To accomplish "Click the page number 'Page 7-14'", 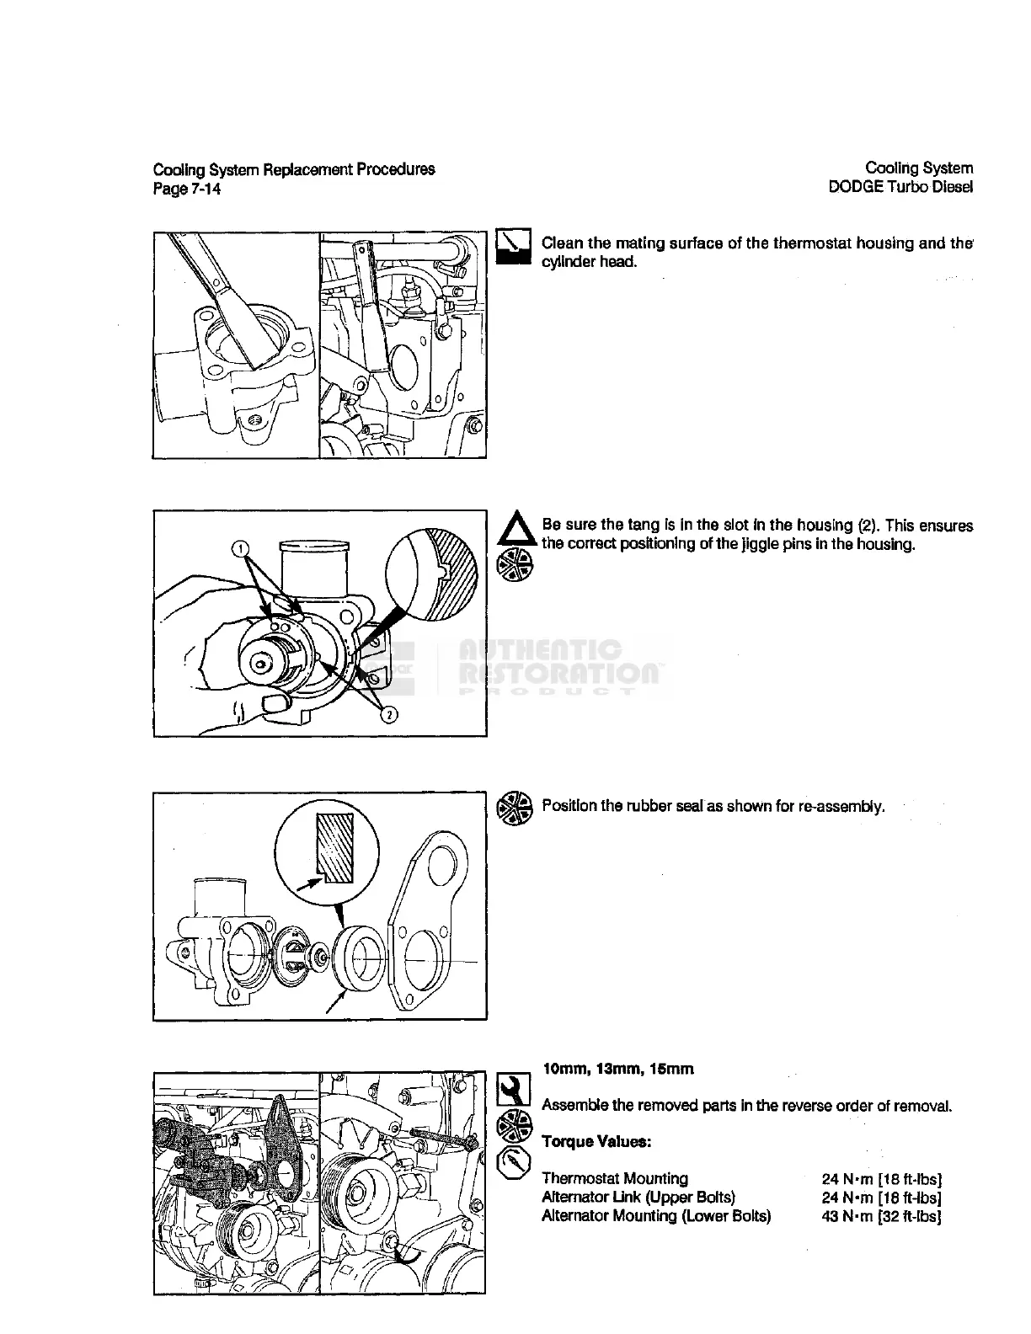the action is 187,189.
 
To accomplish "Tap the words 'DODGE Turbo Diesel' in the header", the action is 900,187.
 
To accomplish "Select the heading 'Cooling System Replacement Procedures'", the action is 294,168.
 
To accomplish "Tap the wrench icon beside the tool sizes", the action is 513,1089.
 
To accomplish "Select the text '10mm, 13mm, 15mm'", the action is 618,1070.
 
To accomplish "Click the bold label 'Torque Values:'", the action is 596,1142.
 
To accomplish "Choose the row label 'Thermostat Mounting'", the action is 615,1178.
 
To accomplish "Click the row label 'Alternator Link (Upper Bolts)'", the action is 638,1197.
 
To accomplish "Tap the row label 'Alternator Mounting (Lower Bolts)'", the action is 656,1215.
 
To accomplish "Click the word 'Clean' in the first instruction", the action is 564,243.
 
